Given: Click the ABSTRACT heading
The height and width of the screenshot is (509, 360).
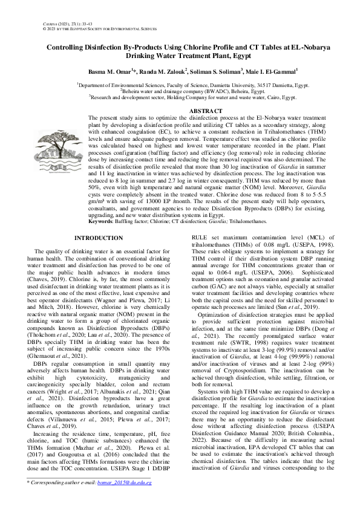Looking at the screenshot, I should point(206,111).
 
